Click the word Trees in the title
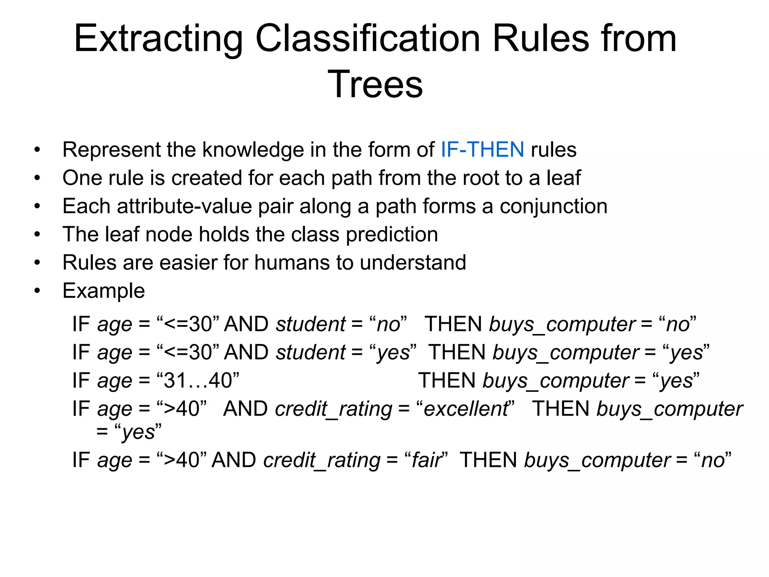click(375, 85)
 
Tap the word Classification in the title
click(368, 39)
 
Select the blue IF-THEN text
click(482, 150)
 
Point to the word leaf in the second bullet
click(563, 178)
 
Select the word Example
click(104, 291)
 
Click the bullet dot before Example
click(37, 291)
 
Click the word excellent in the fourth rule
click(465, 409)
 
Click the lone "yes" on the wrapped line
click(138, 432)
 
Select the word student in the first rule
click(310, 324)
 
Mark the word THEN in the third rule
click(447, 381)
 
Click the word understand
click(413, 263)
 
